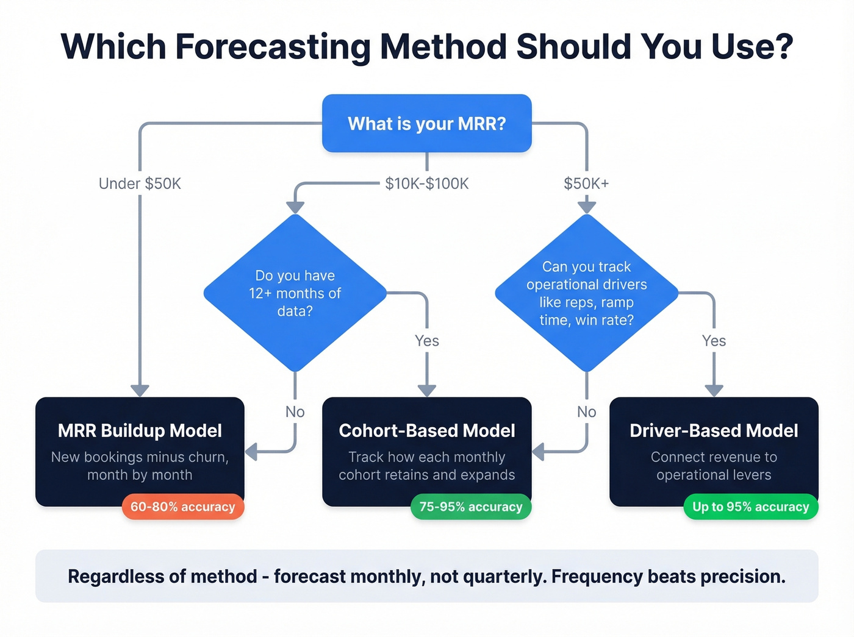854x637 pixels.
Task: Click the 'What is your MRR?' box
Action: click(x=426, y=124)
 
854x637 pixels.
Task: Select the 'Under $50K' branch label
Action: click(x=140, y=183)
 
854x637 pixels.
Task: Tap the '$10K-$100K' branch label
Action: click(x=426, y=183)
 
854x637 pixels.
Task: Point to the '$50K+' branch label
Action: click(x=586, y=183)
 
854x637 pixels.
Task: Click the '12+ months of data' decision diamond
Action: click(x=295, y=293)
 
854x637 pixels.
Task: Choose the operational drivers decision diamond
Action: click(x=586, y=293)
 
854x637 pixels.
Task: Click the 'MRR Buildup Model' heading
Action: click(x=140, y=431)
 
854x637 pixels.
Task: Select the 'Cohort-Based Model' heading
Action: click(x=426, y=431)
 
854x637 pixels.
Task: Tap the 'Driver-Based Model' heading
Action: click(x=714, y=431)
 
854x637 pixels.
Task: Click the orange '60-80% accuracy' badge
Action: click(x=183, y=507)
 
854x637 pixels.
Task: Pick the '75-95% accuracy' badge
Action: click(x=470, y=507)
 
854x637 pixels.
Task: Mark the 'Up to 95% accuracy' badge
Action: click(x=750, y=507)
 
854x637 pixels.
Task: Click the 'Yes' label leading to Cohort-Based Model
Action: click(x=426, y=341)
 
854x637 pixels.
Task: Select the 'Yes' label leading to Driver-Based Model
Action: click(x=714, y=341)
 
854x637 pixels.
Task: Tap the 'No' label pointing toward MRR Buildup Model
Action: click(x=295, y=412)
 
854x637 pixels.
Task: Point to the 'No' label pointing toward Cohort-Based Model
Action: click(x=586, y=412)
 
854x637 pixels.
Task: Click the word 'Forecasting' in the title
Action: click(x=273, y=47)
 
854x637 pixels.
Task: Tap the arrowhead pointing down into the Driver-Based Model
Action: click(x=714, y=391)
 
